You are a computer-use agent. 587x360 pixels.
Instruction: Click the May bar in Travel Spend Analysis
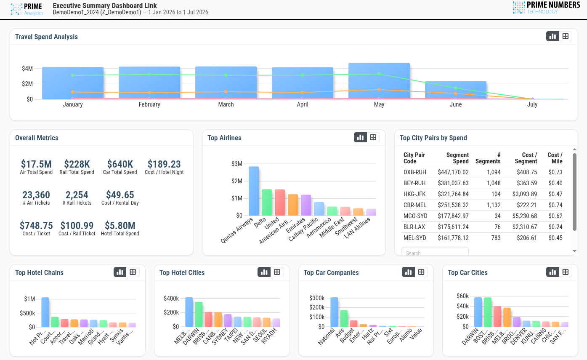point(379,81)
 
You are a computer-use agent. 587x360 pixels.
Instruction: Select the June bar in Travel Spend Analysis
point(456,90)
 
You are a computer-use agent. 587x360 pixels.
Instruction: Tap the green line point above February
point(149,75)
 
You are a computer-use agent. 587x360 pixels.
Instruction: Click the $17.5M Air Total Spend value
point(36,164)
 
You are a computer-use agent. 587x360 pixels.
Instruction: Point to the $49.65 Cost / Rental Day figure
point(120,195)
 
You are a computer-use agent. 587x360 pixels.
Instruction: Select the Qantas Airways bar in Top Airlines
point(254,191)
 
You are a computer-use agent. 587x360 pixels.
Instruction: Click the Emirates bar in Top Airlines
point(306,205)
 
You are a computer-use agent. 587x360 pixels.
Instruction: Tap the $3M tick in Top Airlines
point(236,164)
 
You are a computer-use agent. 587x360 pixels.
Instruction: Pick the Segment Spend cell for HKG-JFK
point(453,194)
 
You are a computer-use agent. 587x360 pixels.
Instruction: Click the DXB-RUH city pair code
point(415,172)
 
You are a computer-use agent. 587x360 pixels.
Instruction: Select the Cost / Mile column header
point(555,158)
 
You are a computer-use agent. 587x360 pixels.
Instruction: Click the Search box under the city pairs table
point(435,251)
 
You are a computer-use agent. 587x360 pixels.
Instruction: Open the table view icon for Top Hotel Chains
point(133,272)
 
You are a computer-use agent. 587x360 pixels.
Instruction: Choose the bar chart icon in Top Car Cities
point(552,272)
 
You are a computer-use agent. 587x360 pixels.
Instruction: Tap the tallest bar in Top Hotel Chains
point(45,312)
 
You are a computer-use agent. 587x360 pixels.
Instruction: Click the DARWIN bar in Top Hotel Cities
point(199,315)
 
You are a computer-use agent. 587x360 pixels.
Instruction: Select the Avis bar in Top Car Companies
point(344,319)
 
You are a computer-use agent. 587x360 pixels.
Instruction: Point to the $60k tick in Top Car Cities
point(462,296)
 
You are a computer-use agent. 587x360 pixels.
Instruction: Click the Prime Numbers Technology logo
point(546,8)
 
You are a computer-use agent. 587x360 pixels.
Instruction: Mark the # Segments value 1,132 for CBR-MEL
point(494,205)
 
